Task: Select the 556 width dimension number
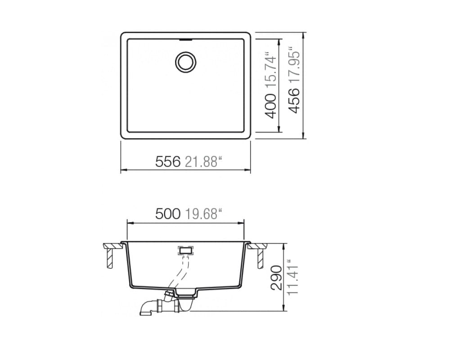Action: (x=168, y=162)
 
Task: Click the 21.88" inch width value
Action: (x=204, y=162)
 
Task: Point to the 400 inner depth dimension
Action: (x=271, y=106)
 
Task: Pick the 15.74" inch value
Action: (x=271, y=71)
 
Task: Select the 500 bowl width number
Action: (x=168, y=214)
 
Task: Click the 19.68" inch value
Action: (x=204, y=214)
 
